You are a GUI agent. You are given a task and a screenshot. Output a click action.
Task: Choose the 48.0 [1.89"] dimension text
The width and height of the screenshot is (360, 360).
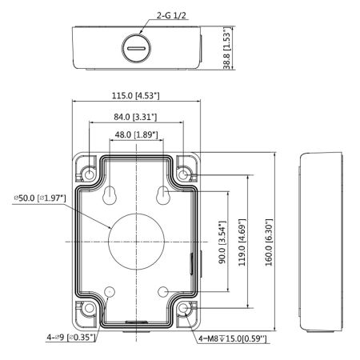coord(134,135)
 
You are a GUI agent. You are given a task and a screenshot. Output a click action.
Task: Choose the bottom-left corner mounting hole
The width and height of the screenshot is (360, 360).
coord(90,309)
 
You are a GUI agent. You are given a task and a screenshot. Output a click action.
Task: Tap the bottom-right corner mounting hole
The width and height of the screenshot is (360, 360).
coord(184,309)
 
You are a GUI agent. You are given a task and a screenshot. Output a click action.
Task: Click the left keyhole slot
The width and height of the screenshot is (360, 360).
coord(107,195)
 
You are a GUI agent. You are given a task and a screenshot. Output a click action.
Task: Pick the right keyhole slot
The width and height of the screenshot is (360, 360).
coord(162,195)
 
